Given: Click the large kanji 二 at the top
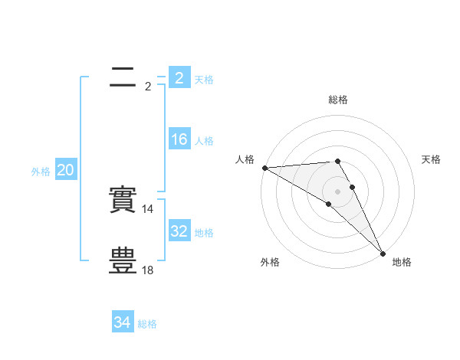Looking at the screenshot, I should [x=123, y=77].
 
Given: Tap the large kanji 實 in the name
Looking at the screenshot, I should [x=123, y=200].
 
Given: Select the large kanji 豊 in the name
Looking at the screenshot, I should [x=123, y=261].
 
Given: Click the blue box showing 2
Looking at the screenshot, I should [x=179, y=78].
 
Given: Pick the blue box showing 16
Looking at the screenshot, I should [x=179, y=139].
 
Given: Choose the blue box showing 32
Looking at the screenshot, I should [x=179, y=231].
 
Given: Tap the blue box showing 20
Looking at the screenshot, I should [x=65, y=171].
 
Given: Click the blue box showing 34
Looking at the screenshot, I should [x=122, y=322].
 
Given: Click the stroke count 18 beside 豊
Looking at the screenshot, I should [x=149, y=270].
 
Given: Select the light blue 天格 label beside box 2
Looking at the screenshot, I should [x=204, y=80].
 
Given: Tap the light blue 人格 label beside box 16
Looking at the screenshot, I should [x=204, y=141].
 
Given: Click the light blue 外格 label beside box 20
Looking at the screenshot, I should [x=41, y=172].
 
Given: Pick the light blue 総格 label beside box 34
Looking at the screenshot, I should [x=147, y=324].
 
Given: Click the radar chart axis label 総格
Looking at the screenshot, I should [x=338, y=100].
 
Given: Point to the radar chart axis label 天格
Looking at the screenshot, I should [x=431, y=159].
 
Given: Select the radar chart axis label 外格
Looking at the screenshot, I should [x=270, y=262].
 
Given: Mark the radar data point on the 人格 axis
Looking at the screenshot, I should [x=264, y=168].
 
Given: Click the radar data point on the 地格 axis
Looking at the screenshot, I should [x=383, y=253].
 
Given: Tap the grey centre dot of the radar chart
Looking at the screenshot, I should [x=337, y=191].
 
